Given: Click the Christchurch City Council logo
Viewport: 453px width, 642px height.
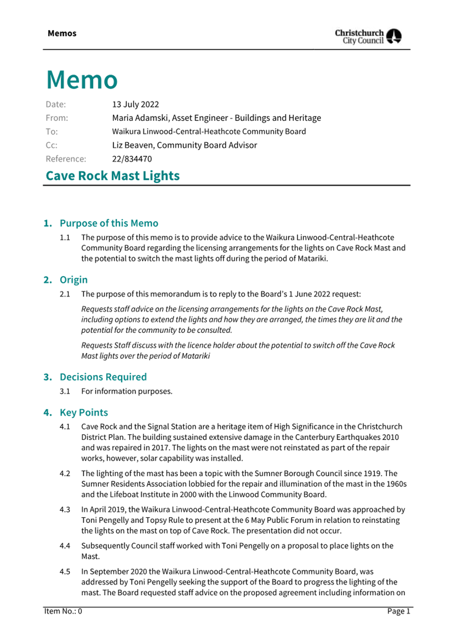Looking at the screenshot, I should pos(368,36).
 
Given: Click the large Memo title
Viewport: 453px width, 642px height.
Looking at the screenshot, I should pos(82,80).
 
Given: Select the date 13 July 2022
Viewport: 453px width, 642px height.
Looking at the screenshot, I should pos(135,104).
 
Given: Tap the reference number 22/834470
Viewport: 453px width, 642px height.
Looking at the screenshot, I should pos(132,159).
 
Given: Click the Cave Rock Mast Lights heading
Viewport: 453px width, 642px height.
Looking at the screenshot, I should pos(112,176).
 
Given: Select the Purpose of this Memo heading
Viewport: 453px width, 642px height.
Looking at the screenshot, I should pos(109,223).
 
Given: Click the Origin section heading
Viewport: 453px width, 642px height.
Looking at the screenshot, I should pos(73,280).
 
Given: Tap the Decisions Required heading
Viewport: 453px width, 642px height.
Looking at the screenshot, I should pos(103,377).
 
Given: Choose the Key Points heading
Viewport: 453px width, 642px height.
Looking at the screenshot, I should pos(84,413).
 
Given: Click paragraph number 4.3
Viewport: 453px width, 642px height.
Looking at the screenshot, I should pos(65,510).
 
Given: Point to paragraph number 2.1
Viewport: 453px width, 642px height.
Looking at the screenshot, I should pos(65,294).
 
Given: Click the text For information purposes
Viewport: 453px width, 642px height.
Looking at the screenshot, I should pos(127,392).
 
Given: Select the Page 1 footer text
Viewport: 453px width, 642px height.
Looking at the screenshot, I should pos(398,611).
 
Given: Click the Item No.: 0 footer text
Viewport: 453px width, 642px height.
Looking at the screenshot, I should pos(63,611).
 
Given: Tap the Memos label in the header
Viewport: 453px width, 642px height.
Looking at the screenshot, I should pos(62,34).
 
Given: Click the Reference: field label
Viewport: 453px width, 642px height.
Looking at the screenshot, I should pos(66,159).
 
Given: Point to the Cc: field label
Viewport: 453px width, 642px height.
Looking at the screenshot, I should pos(51,145).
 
